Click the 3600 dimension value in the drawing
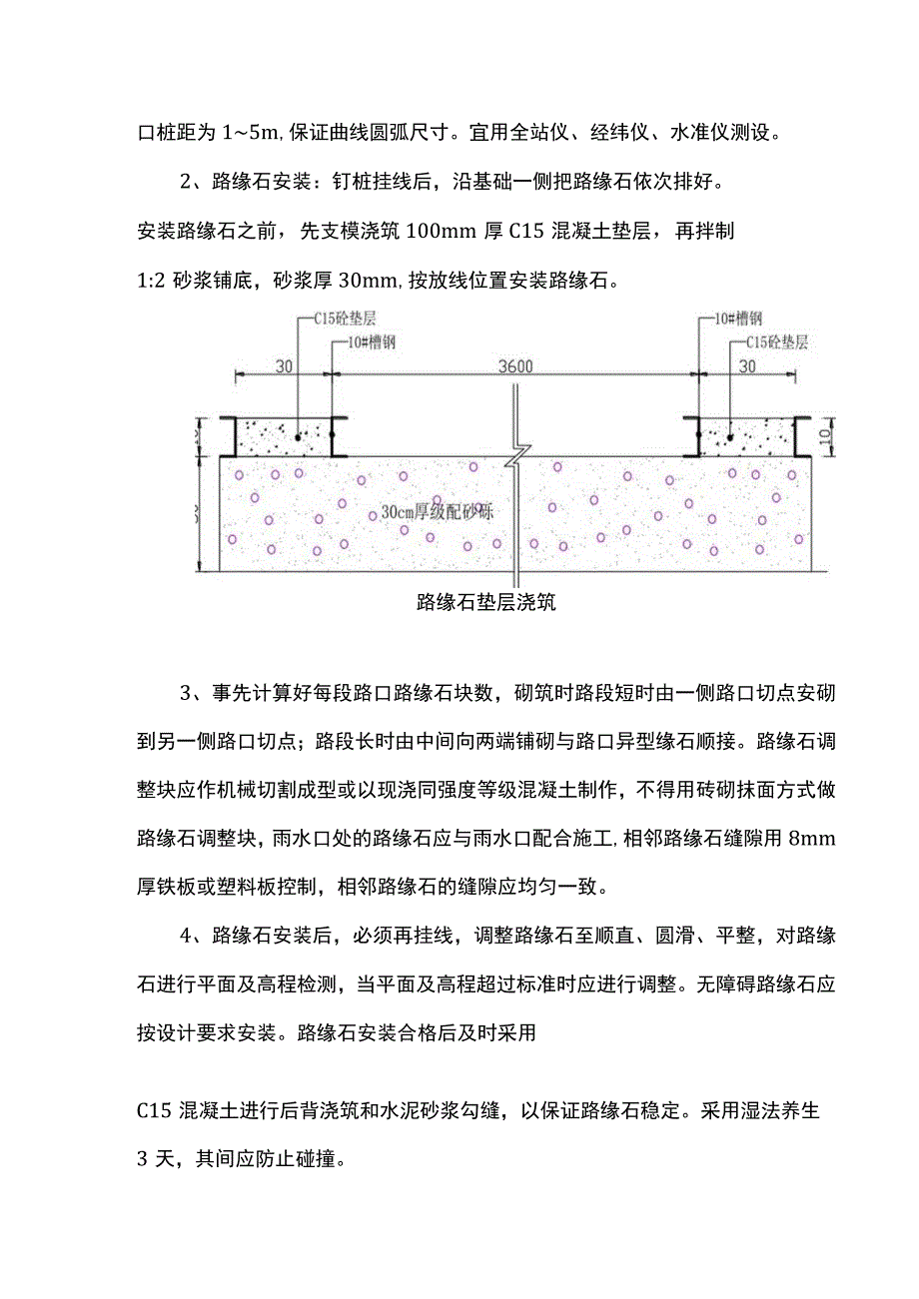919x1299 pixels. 515,366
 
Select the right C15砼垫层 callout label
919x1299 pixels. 776,341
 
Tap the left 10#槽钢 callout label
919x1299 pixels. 363,341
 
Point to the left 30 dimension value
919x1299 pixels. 285,366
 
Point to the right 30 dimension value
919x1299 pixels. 747,366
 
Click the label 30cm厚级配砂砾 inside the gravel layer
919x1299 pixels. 438,511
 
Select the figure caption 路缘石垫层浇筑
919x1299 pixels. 485,601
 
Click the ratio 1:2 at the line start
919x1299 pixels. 150,281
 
